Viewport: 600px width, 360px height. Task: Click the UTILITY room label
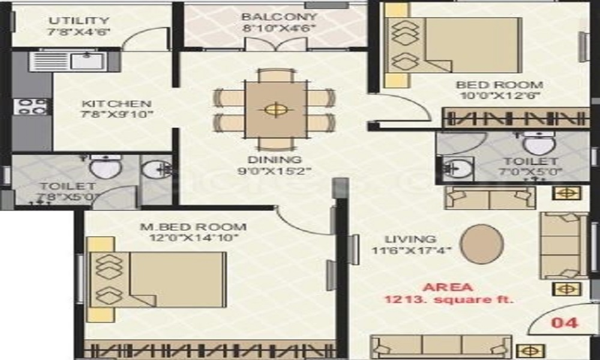tap(79, 20)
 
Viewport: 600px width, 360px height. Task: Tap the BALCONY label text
tap(278, 16)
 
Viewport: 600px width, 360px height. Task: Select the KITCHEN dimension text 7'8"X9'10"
tap(117, 115)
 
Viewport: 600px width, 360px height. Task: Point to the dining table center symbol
tap(275, 109)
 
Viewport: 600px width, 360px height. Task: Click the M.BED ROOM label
tap(193, 227)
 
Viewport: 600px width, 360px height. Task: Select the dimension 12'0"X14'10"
tap(193, 238)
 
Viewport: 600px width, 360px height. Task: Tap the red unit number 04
tap(565, 323)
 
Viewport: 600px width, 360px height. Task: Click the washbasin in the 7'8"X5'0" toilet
tap(154, 170)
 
